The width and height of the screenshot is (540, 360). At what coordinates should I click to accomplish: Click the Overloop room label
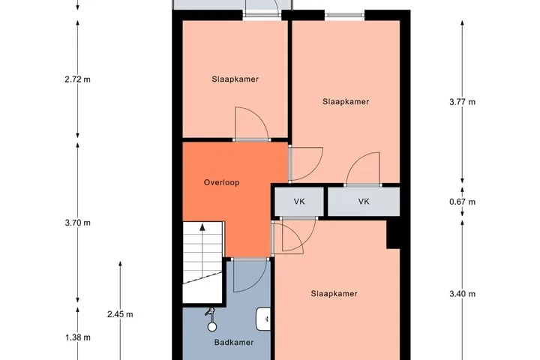pyautogui.click(x=221, y=182)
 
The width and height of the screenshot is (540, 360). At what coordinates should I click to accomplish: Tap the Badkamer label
pyautogui.click(x=234, y=342)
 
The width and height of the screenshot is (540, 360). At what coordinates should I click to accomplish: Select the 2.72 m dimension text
pyautogui.click(x=77, y=79)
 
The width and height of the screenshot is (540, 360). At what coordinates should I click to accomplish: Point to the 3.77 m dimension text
pyautogui.click(x=462, y=102)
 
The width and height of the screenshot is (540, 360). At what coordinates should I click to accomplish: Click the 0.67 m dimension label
pyautogui.click(x=462, y=202)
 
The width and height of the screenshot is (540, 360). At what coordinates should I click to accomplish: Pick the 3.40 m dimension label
pyautogui.click(x=462, y=293)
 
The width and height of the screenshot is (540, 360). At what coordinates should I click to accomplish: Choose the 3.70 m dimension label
pyautogui.click(x=77, y=223)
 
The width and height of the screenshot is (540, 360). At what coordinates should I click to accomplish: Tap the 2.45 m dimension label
pyautogui.click(x=120, y=314)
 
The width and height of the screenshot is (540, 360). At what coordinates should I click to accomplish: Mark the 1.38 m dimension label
pyautogui.click(x=78, y=337)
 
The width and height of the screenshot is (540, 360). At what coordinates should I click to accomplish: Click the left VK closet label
pyautogui.click(x=299, y=202)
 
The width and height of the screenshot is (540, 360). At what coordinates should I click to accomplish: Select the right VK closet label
pyautogui.click(x=364, y=202)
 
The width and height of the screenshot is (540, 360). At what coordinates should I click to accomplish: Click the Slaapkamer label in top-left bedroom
pyautogui.click(x=235, y=79)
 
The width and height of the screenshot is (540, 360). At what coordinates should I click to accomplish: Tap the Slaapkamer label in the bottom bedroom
pyautogui.click(x=334, y=293)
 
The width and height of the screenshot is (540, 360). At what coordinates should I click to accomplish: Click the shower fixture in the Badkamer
pyautogui.click(x=211, y=319)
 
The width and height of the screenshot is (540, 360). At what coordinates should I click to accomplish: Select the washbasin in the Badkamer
pyautogui.click(x=263, y=319)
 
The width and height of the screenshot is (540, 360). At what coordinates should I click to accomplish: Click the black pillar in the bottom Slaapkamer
pyautogui.click(x=393, y=235)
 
